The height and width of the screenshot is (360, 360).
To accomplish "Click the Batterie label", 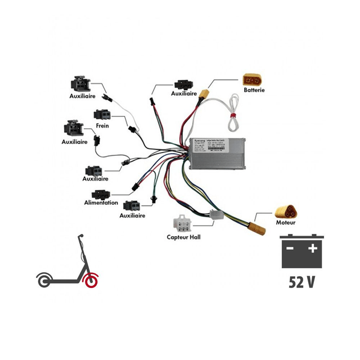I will click(254, 89).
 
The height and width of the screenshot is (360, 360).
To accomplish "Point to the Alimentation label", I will click(101, 202).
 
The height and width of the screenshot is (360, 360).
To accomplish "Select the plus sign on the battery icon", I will click(313, 248).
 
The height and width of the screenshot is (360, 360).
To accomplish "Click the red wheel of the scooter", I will click(91, 280).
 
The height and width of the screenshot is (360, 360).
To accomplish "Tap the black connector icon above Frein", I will click(102, 115).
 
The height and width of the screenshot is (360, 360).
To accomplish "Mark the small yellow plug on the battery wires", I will click(206, 93).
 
